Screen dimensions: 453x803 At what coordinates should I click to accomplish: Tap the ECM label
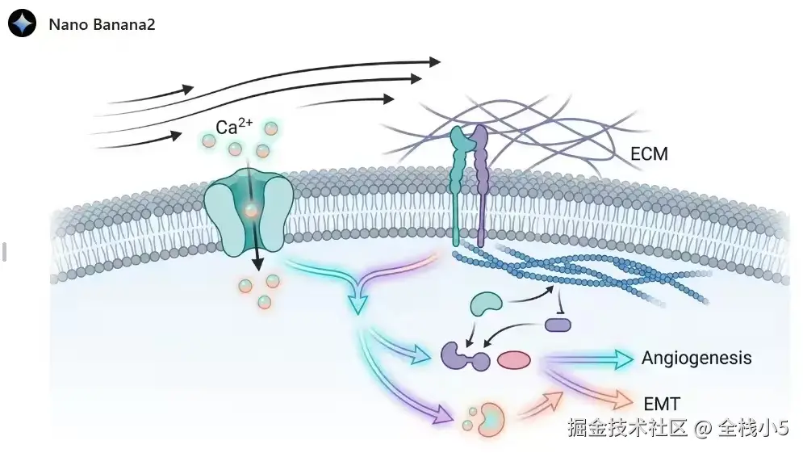point(648,153)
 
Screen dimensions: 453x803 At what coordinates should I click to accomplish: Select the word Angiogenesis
point(696,358)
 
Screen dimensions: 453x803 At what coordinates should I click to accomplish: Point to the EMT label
point(662,403)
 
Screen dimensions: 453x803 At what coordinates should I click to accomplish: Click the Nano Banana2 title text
point(102,24)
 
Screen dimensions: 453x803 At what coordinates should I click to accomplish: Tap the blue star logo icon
point(23,23)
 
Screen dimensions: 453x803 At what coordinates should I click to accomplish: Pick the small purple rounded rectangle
point(558,325)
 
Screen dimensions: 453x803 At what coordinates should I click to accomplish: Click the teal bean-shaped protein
point(487,303)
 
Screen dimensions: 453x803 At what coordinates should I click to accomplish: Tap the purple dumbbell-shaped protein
point(466,356)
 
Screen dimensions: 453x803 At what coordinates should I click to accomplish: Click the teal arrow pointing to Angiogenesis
point(621,359)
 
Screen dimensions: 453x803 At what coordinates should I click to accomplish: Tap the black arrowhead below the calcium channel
point(258,263)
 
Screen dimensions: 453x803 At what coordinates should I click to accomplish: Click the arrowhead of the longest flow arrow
point(435,61)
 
